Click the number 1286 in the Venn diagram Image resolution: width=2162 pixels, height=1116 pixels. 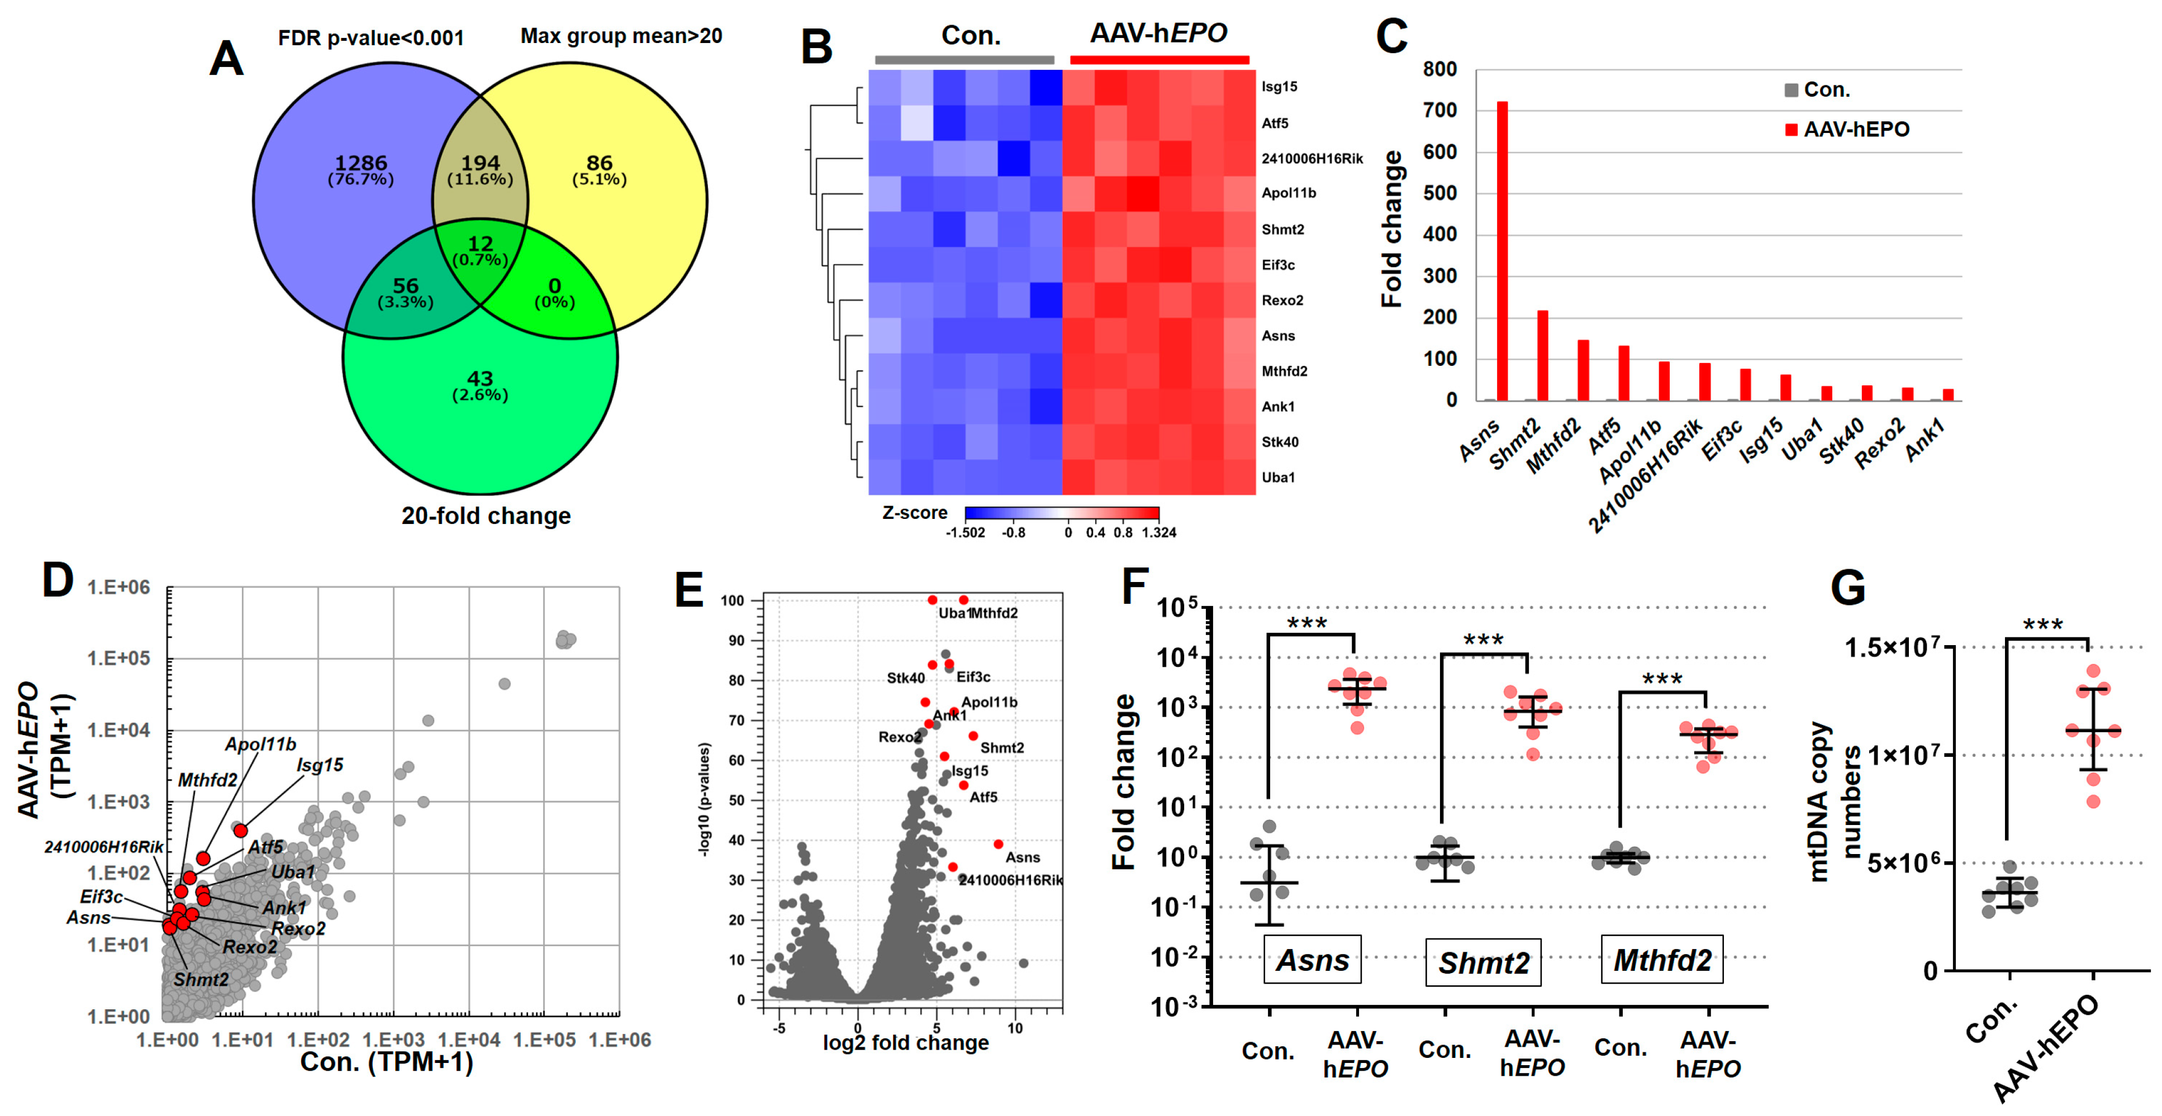point(361,163)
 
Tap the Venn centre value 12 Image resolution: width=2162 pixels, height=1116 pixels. point(480,244)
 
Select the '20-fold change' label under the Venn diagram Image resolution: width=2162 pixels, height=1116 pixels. point(486,515)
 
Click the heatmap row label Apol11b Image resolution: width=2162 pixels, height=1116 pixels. point(1288,193)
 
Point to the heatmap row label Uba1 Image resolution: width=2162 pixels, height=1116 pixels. point(1277,478)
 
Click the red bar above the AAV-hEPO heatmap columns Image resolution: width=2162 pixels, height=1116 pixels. point(1159,60)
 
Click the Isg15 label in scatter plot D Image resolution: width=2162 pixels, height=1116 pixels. point(320,765)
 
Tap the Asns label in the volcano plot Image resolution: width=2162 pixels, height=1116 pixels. point(1022,857)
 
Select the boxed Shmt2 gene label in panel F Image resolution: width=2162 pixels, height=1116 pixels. point(1483,962)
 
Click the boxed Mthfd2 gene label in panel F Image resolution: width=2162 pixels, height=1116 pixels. point(1662,960)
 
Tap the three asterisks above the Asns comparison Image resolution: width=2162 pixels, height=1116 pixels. point(1307,623)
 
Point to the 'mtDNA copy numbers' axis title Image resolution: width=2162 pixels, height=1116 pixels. point(1834,802)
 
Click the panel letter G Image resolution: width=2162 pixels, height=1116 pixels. point(1847,588)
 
